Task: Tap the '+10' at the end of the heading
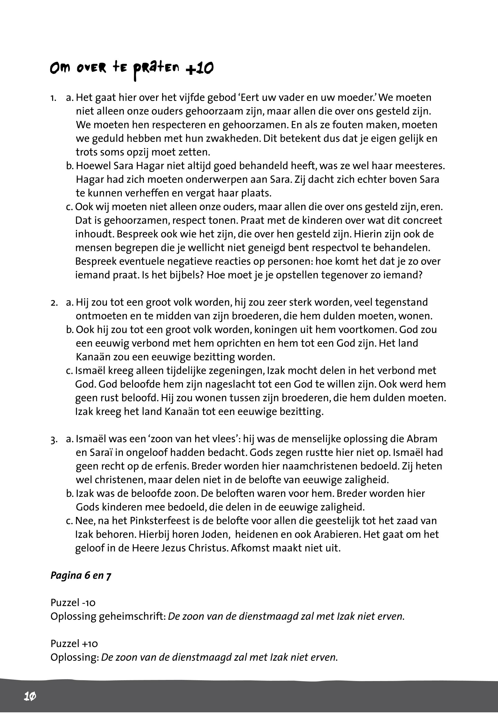(199, 68)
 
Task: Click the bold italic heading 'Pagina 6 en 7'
(81, 575)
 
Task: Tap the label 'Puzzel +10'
(74, 644)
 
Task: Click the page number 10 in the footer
(30, 696)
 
